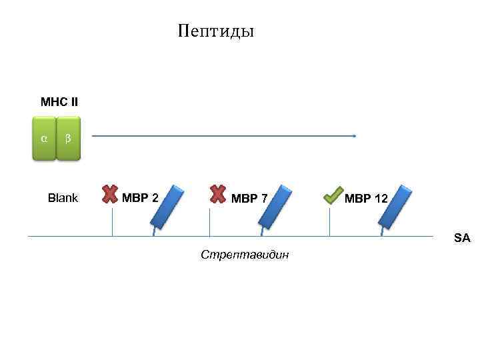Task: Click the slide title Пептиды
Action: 217,31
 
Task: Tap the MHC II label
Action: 59,102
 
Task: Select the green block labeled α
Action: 44,139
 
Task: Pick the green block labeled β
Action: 68,139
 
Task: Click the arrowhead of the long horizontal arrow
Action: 355,136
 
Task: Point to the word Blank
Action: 63,198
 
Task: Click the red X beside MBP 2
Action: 110,193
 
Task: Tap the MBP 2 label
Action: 140,198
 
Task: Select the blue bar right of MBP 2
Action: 167,205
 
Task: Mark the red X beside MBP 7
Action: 217,193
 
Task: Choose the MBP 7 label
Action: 249,198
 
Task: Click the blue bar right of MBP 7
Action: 275,205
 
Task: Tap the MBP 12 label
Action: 367,198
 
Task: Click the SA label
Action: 462,237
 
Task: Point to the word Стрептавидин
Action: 245,255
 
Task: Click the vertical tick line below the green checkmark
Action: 330,222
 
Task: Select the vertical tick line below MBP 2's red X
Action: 112,222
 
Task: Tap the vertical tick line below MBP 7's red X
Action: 210,222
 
